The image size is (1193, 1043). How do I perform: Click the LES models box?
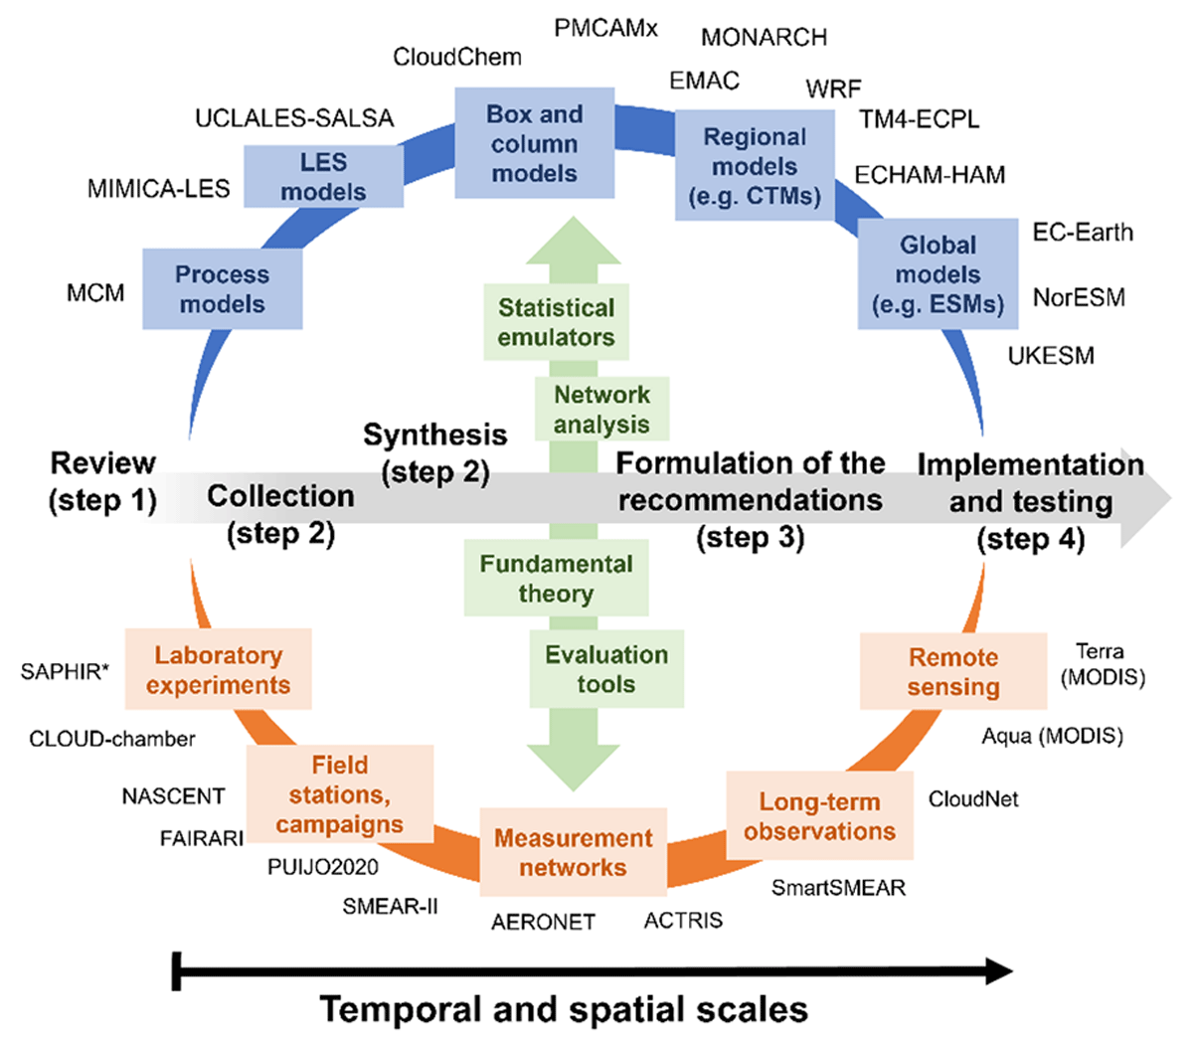coord(323,177)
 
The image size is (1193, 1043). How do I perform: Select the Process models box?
coord(222,289)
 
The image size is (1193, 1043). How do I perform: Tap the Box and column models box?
coord(534,143)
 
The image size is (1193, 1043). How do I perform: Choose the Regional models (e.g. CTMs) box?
coord(755,166)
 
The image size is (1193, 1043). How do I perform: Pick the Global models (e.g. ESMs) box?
coord(937,274)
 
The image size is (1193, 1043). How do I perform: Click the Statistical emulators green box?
coord(556,322)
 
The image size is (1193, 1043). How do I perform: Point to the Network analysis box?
coord(601,409)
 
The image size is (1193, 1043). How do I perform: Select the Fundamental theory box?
coord(556,579)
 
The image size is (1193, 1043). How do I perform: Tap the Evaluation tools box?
coord(605,669)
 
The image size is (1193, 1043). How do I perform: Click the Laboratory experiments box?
coord(218,670)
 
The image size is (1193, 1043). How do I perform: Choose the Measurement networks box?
coord(573,852)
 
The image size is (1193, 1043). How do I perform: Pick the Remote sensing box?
coord(952,671)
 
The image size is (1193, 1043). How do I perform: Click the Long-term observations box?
coord(819,816)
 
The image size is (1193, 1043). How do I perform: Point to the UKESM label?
coord(1051,356)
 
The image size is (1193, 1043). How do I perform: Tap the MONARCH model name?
coord(764,38)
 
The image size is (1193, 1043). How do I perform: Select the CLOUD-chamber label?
coord(112,739)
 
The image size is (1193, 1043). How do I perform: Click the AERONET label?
coord(543,922)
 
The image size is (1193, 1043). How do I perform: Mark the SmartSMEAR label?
coord(838,888)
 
